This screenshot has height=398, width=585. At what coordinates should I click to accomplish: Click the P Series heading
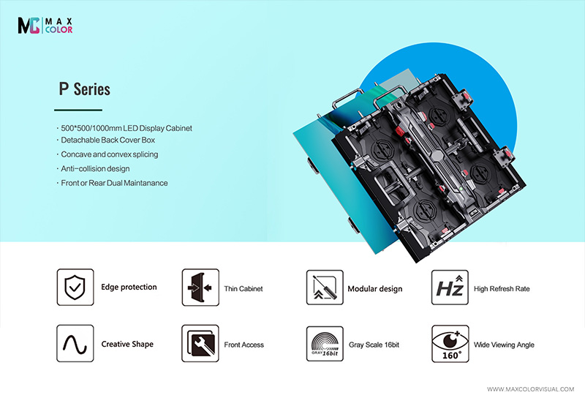(84, 89)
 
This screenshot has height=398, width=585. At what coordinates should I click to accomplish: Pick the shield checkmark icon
(75, 288)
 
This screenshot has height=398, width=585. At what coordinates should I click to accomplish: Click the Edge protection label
(129, 288)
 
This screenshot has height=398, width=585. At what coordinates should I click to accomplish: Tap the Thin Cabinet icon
(200, 288)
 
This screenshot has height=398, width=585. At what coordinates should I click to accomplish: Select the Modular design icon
(324, 288)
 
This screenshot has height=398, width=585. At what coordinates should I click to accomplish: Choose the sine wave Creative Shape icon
(75, 344)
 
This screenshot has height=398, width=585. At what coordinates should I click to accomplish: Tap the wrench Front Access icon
(200, 344)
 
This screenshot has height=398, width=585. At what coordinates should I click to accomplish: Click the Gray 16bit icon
(324, 344)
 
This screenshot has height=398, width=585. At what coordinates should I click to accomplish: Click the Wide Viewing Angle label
(504, 345)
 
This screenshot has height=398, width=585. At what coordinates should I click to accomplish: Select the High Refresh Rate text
(502, 289)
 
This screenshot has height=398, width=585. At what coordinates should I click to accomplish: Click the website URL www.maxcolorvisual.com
(531, 388)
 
